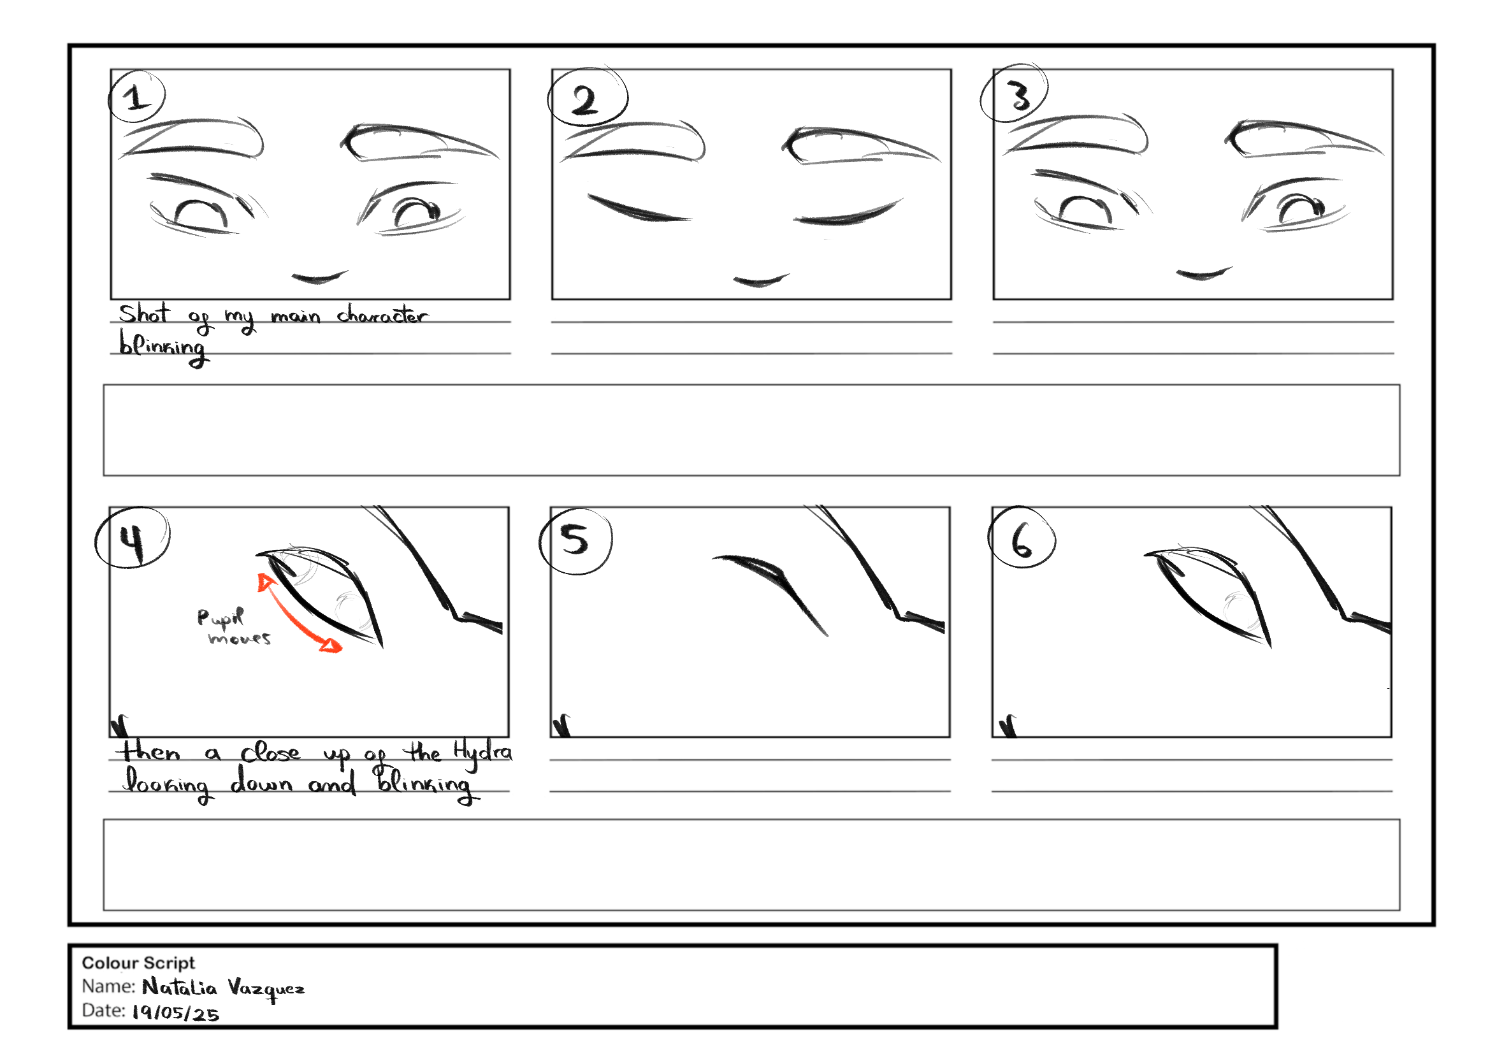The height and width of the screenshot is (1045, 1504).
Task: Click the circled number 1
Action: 136,97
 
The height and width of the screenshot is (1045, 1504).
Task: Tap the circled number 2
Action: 587,98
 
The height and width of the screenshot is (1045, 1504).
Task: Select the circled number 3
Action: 1015,94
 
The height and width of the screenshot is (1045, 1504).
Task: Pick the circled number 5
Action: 575,540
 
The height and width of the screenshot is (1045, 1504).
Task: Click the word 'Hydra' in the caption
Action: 483,754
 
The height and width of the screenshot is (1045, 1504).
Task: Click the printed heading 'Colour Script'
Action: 138,963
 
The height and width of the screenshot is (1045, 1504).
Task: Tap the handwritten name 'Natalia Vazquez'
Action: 223,988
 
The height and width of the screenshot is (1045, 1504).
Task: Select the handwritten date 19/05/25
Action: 175,1013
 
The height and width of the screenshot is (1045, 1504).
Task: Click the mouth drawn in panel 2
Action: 761,280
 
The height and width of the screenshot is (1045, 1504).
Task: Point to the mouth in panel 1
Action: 319,278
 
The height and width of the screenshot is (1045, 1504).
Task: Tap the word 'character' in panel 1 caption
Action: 383,315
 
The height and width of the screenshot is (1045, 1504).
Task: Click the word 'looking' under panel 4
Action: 167,784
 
